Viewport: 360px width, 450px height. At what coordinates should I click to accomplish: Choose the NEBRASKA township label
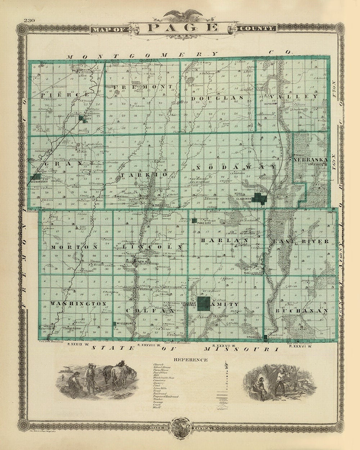click(310, 159)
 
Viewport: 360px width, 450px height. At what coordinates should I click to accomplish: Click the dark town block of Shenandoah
click(36, 177)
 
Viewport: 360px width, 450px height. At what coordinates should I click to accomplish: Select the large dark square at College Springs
click(204, 303)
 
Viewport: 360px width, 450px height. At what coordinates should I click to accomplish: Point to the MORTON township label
click(75, 248)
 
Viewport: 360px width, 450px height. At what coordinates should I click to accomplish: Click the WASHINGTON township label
click(78, 304)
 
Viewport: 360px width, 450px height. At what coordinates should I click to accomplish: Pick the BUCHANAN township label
click(302, 310)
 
